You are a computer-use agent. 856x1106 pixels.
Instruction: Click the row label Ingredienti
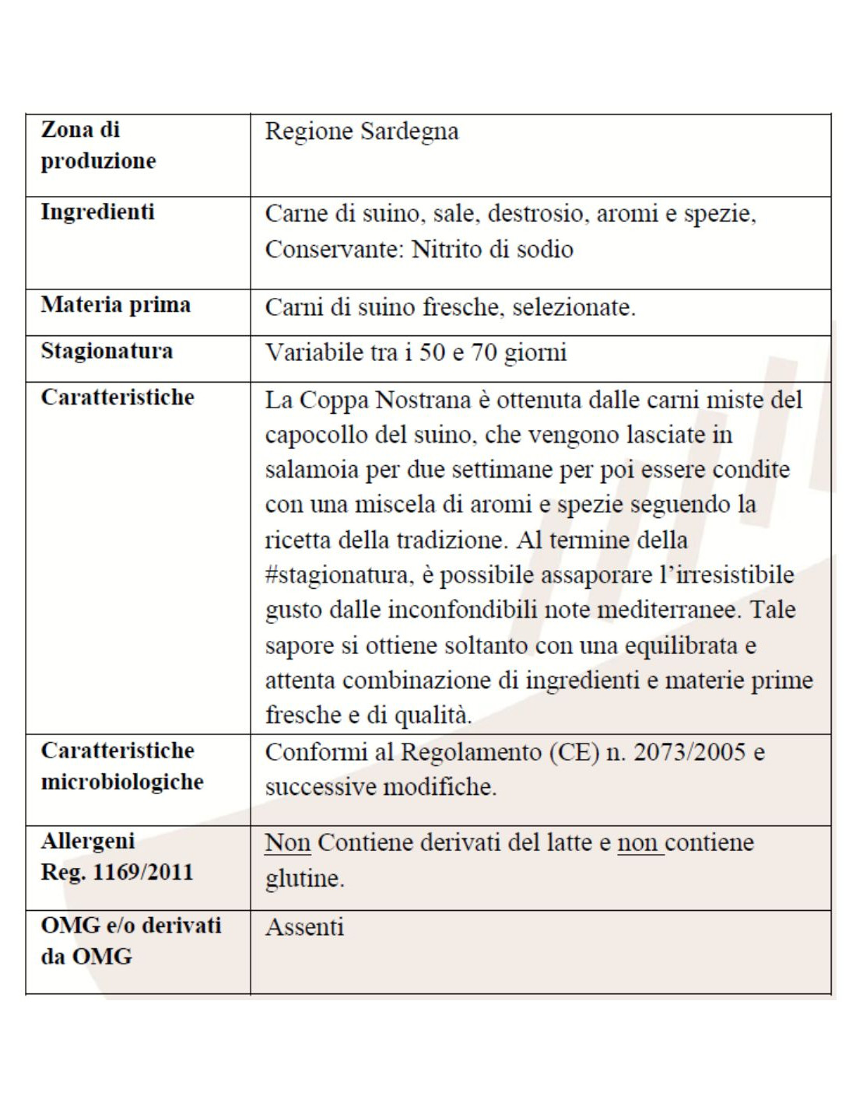tap(97, 212)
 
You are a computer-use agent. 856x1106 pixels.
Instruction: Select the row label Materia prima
tap(115, 305)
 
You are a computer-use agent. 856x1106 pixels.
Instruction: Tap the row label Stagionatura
tap(107, 351)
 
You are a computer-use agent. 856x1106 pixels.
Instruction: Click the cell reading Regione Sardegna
tap(361, 131)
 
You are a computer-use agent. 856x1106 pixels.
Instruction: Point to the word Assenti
tap(304, 927)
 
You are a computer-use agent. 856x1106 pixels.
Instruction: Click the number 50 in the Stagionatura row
tap(432, 352)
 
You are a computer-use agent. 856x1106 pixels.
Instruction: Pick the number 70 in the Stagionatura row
tap(484, 352)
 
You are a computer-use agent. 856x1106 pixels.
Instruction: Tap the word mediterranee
tap(668, 610)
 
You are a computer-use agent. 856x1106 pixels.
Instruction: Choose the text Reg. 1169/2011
tap(117, 872)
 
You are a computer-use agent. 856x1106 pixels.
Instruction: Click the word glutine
tap(304, 879)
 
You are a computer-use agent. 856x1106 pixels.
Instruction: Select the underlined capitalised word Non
tap(287, 842)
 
